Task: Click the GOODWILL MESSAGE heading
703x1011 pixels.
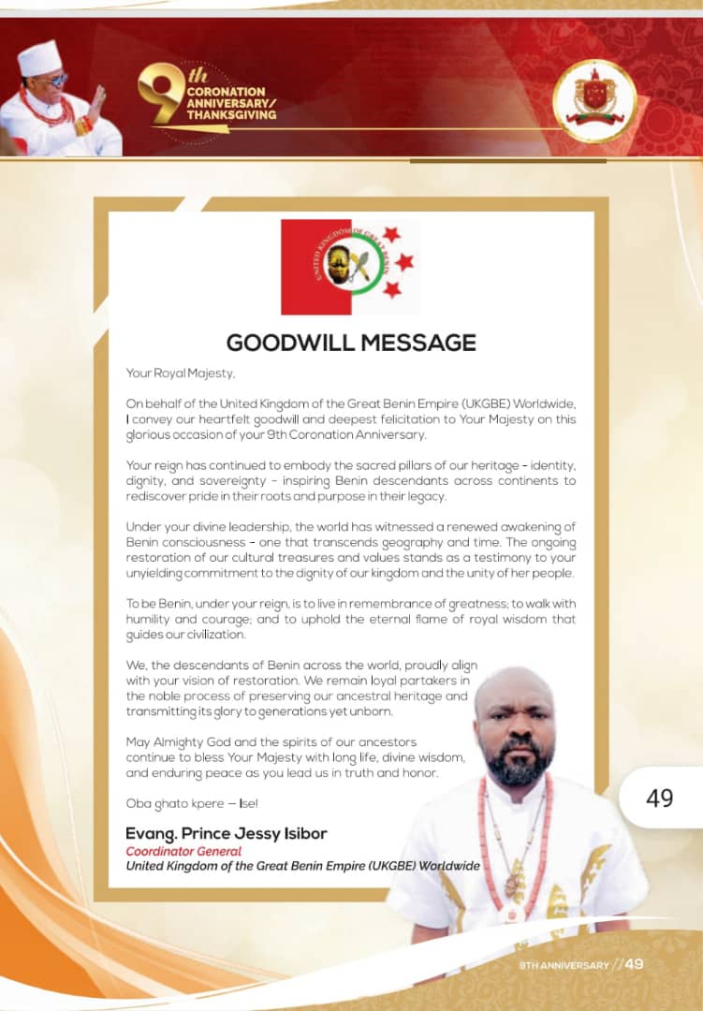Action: (x=351, y=343)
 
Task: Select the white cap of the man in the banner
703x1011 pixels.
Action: (x=39, y=58)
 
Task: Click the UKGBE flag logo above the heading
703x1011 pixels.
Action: (x=348, y=267)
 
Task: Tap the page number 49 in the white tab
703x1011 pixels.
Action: (x=659, y=798)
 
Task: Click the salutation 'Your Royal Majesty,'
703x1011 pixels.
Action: (x=181, y=373)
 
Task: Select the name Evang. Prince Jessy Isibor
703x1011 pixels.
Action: (x=227, y=834)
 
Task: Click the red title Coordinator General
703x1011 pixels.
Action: (x=183, y=852)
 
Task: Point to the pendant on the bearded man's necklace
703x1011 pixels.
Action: (x=513, y=886)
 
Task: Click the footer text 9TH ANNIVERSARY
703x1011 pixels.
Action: (x=564, y=965)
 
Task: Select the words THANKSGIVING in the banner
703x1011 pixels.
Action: (x=231, y=115)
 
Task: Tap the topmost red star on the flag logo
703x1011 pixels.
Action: (x=391, y=233)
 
